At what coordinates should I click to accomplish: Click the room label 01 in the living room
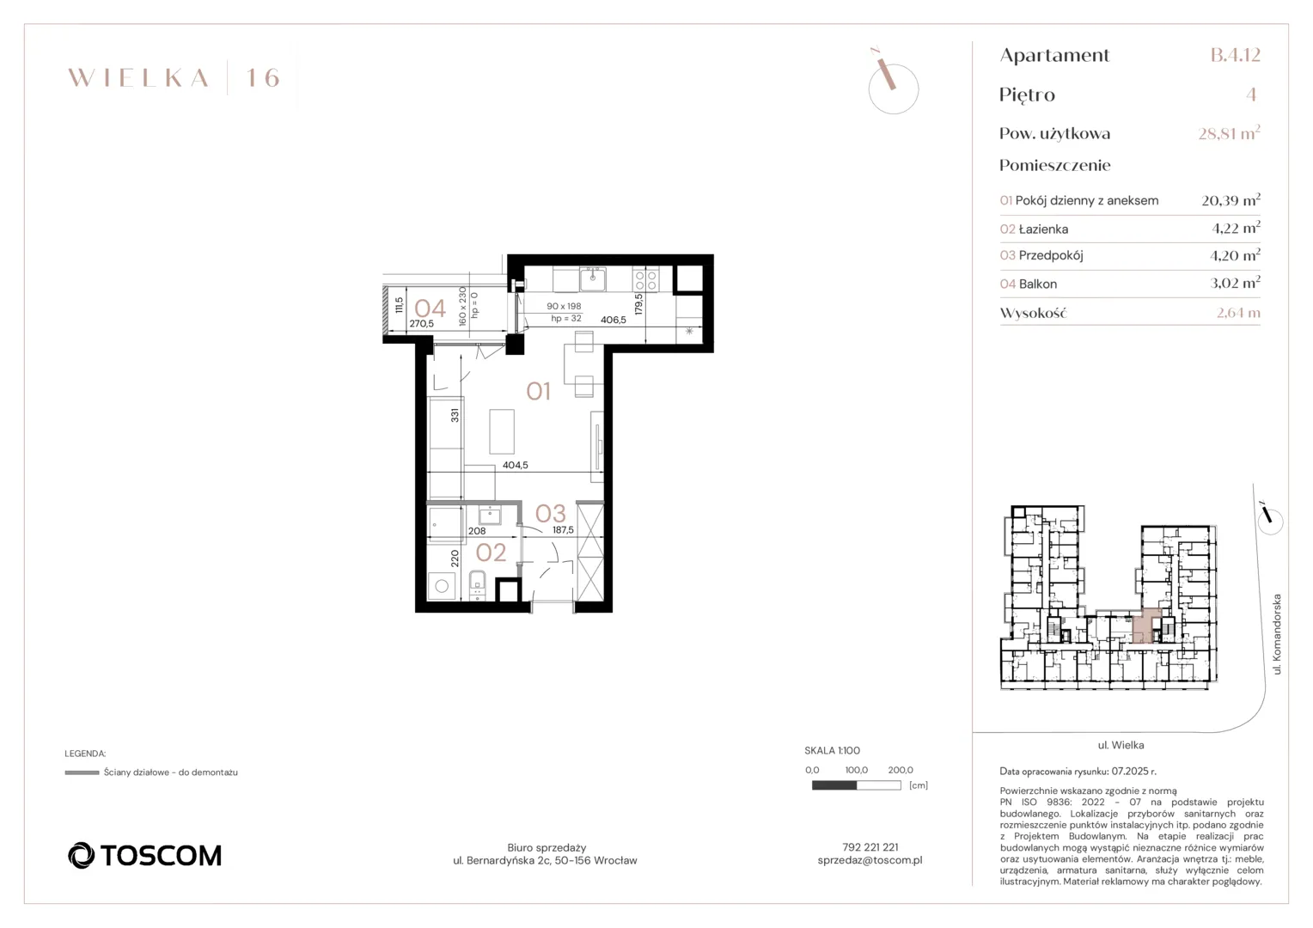[538, 391]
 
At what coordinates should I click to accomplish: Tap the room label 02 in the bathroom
[491, 553]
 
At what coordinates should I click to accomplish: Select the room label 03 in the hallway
[551, 514]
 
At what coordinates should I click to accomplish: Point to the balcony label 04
[431, 308]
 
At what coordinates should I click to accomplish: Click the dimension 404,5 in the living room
[516, 465]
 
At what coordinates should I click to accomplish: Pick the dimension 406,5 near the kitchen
[614, 320]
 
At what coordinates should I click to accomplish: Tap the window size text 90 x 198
[564, 306]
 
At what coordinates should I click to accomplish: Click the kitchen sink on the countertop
[593, 279]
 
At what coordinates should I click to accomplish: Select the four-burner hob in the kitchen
[645, 279]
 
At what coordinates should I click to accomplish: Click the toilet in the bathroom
[478, 583]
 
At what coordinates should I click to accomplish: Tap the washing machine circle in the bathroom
[442, 586]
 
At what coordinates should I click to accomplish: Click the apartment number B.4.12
[1236, 54]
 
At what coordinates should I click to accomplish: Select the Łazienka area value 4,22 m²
[1237, 228]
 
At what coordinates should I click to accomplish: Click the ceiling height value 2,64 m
[1238, 313]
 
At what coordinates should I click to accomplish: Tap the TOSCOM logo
[144, 855]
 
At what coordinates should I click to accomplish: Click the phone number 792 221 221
[870, 847]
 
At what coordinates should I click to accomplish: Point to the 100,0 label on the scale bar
[857, 770]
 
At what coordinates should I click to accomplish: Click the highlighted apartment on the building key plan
[1146, 626]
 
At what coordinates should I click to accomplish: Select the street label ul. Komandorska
[1277, 634]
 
